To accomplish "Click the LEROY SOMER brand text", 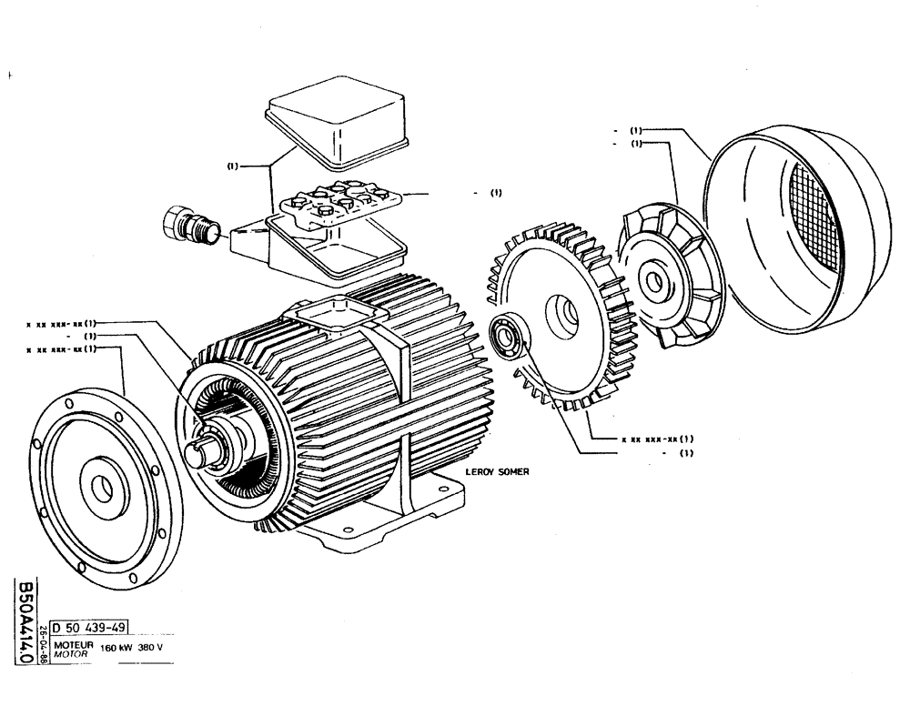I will [x=497, y=472].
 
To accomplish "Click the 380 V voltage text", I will [x=151, y=649].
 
